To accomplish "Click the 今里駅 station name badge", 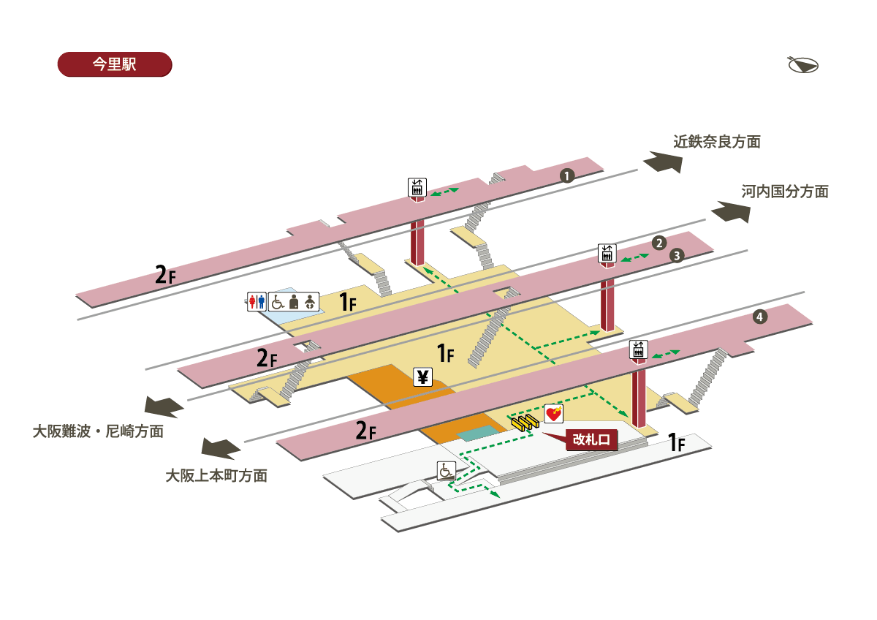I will pyautogui.click(x=114, y=64).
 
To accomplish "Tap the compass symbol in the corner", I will pyautogui.click(x=802, y=65).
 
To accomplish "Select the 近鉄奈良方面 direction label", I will pyautogui.click(x=717, y=142).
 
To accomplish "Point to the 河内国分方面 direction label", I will pyautogui.click(x=785, y=192).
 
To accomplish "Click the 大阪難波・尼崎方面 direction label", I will pyautogui.click(x=98, y=431).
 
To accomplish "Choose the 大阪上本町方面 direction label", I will pyautogui.click(x=216, y=475).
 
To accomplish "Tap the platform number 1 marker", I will pyautogui.click(x=566, y=175).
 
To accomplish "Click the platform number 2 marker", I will pyautogui.click(x=659, y=243).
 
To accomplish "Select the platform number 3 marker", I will pyautogui.click(x=677, y=256).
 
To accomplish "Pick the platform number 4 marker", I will pyautogui.click(x=760, y=317).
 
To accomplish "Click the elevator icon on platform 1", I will pyautogui.click(x=417, y=187).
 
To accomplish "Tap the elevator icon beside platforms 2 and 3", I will pyautogui.click(x=607, y=253).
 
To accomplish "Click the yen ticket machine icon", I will pyautogui.click(x=423, y=377).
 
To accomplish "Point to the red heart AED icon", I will pyautogui.click(x=554, y=415).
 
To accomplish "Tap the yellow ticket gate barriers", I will pyautogui.click(x=525, y=421).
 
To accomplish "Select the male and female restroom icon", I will pyautogui.click(x=256, y=301).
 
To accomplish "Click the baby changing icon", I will pyautogui.click(x=311, y=301).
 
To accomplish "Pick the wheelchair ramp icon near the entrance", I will pyautogui.click(x=446, y=471).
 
